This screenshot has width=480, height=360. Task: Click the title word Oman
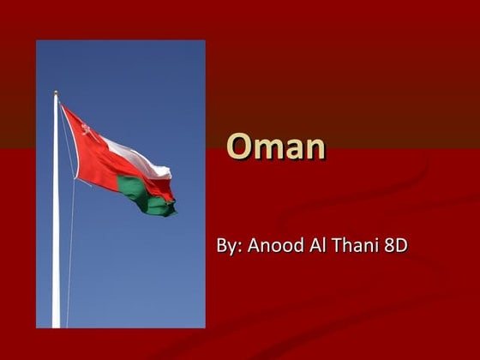point(276,147)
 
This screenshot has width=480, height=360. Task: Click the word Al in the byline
point(319,246)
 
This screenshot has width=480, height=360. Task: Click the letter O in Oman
point(237,147)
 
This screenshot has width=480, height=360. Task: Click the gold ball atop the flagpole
point(56,93)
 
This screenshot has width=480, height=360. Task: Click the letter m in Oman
point(266,149)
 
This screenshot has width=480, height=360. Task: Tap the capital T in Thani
point(339,246)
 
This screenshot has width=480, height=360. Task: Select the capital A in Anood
point(254,246)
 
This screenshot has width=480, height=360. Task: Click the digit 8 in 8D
point(390,246)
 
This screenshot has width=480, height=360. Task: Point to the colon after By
point(237,248)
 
